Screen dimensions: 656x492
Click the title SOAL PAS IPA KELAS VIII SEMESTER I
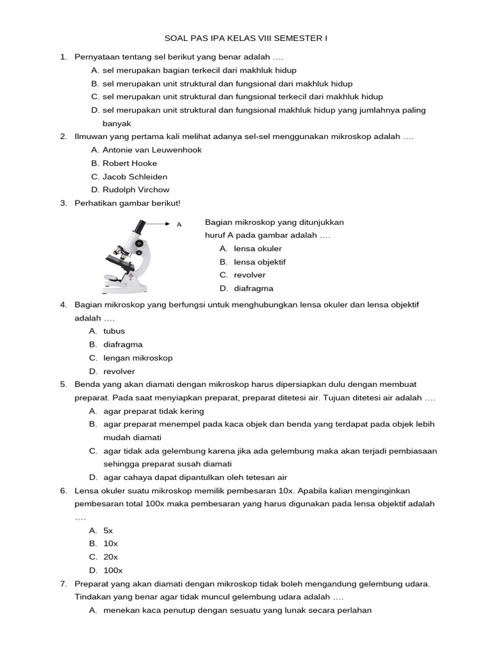(x=245, y=38)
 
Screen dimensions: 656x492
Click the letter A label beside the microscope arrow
(x=179, y=225)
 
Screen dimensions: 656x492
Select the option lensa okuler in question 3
(x=258, y=249)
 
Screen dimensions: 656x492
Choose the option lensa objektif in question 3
(x=259, y=262)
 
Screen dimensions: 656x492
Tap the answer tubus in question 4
(x=114, y=331)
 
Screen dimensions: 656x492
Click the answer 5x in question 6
(x=108, y=530)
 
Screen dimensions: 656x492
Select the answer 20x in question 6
(x=110, y=557)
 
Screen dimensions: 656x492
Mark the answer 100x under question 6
(x=113, y=570)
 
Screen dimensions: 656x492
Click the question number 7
(x=63, y=584)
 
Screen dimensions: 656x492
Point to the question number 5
(x=63, y=384)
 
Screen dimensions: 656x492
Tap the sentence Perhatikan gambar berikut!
(x=127, y=203)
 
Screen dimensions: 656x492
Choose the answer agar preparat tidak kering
(x=154, y=411)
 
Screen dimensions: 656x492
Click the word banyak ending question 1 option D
(x=117, y=124)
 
